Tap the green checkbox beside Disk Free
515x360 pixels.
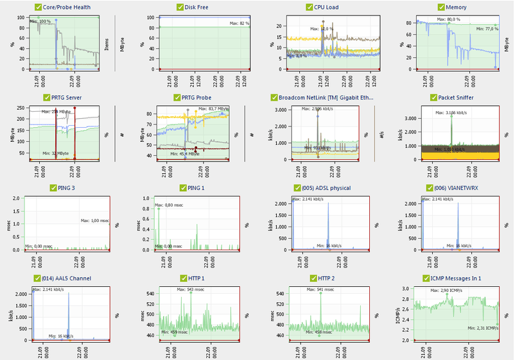(x=180, y=8)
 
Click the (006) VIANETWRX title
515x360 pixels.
(x=460, y=188)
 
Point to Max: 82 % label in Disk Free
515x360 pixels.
(x=239, y=23)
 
